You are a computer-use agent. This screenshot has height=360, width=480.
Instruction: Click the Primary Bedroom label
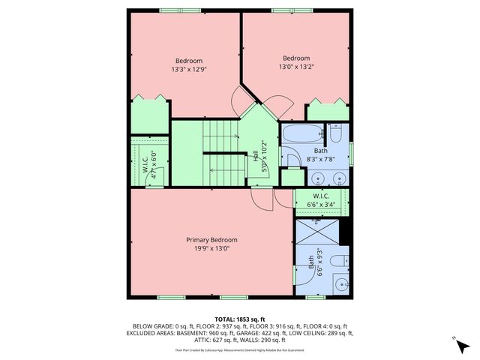(211, 240)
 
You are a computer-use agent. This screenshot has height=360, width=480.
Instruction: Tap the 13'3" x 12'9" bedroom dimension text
(189, 69)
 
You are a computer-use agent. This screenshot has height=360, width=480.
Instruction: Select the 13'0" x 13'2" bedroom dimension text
(296, 67)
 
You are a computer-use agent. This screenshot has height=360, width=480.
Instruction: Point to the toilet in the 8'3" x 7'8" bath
(337, 135)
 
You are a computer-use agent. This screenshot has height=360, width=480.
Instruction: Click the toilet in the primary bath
(339, 260)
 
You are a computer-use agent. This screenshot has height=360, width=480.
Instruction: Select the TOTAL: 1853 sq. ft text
(240, 319)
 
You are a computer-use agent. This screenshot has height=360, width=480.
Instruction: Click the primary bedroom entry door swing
(259, 199)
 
